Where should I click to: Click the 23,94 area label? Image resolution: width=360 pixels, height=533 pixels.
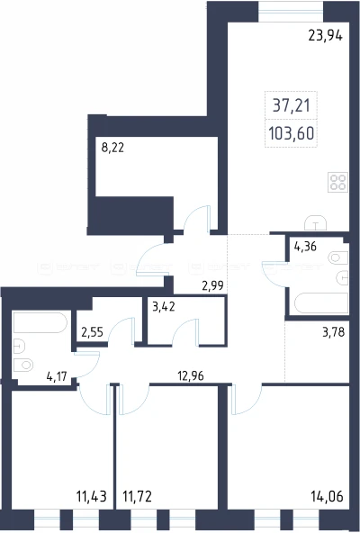[x=325, y=35]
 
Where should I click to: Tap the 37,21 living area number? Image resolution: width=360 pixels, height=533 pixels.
[x=292, y=105]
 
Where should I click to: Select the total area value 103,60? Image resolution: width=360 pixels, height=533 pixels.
[x=291, y=133]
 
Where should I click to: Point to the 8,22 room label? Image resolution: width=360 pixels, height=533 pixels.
[x=112, y=148]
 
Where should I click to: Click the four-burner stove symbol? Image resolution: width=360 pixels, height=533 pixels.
[x=337, y=182]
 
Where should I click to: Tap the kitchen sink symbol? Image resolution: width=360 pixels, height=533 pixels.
[x=316, y=222]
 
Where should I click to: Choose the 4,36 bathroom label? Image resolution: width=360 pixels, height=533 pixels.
[x=305, y=247]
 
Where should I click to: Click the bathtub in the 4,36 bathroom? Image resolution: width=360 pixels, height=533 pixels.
[x=321, y=303]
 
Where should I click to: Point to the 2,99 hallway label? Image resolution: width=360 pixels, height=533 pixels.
[x=212, y=286]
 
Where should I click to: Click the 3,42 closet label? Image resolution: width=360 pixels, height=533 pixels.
[x=164, y=307]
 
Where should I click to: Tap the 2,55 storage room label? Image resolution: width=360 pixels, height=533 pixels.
[x=92, y=331]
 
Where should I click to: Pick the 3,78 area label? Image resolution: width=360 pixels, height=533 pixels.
[x=334, y=331]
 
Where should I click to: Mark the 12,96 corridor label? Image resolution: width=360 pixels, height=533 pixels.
[x=191, y=375]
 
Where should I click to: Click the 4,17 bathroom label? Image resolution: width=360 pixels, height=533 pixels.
[x=57, y=376]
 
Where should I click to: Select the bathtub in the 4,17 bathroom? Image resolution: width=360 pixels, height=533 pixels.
[x=40, y=322]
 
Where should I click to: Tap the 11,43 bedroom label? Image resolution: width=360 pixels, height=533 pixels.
[x=92, y=497]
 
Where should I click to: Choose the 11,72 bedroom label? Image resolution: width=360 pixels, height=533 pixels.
[x=137, y=497]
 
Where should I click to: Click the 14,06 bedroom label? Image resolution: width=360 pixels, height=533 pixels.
[x=327, y=497]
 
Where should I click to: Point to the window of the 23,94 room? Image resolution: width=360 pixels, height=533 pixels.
[x=291, y=12]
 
